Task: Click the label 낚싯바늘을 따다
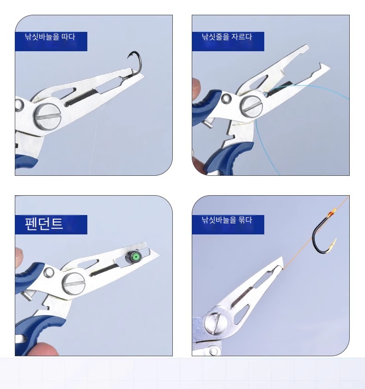pos(50,37)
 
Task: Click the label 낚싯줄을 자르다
pos(227,37)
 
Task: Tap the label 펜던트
pos(44,224)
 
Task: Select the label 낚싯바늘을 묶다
pos(227,220)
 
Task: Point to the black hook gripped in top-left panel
pos(134,64)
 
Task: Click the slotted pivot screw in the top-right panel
pos(251,106)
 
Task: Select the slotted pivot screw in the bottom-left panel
pos(74,284)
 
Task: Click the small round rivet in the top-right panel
pos(226,98)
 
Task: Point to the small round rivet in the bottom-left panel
pos(49,272)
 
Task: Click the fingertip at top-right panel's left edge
pos(196,88)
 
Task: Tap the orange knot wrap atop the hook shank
pos(332,213)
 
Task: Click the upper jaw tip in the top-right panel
pos(307,47)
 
